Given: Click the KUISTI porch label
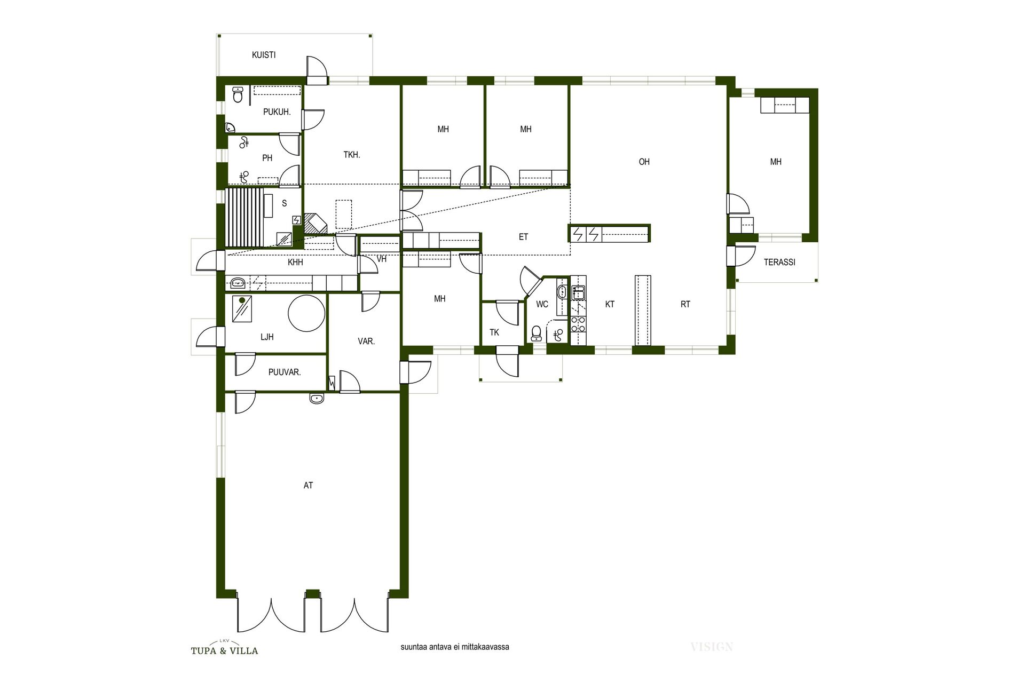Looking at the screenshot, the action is click(264, 55).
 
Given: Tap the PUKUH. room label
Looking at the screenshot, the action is click(277, 112).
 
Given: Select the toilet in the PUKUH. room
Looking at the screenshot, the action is click(238, 95).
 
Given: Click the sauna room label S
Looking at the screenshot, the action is click(284, 203).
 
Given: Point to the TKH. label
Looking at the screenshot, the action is click(352, 155).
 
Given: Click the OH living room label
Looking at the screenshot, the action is click(644, 162).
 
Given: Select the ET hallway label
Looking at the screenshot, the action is click(523, 237).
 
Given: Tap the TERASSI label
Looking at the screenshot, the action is click(779, 263).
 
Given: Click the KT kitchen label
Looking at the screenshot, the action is click(610, 304).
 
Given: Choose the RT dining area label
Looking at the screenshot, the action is click(685, 304).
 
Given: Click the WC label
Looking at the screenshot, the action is click(542, 305).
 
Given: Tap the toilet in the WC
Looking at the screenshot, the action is click(537, 333).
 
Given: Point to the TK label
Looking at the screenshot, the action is click(494, 332).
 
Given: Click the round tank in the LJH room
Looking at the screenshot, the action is click(306, 313).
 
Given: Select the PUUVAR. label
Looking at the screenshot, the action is click(285, 372).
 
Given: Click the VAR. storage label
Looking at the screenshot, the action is click(366, 341).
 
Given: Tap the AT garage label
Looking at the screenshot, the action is click(308, 486).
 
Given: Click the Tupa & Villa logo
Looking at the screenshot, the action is click(224, 647).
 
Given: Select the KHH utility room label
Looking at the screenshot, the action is click(295, 263).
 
